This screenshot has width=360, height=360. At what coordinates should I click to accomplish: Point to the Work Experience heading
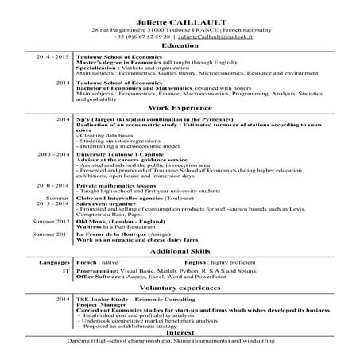[180, 106]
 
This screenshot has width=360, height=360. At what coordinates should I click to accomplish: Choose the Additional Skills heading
[180, 250]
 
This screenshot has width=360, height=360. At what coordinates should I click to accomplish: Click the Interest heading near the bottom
[180, 332]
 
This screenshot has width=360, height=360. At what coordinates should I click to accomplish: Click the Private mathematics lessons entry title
[118, 184]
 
